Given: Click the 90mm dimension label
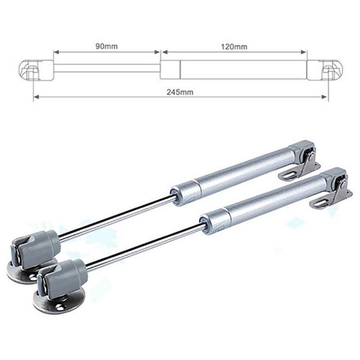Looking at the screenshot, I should point(106,46).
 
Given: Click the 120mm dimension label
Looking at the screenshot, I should point(234,46).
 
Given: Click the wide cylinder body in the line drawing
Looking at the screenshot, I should point(243,69).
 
